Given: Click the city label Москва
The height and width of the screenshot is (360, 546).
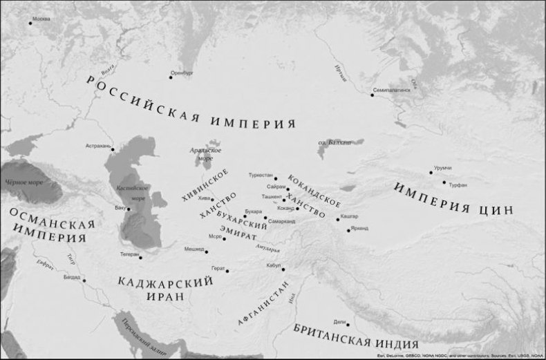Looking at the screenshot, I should pos(41,19).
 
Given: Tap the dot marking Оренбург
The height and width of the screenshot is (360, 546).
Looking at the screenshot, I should pos(171,77).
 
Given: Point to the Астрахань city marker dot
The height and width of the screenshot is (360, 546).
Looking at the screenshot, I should pos(113,149).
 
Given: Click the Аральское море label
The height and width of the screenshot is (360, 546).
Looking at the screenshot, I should pos(206,153).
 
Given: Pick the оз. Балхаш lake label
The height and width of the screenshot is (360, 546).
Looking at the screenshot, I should pos(331,142).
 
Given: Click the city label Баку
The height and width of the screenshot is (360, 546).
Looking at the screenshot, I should pos(120,207).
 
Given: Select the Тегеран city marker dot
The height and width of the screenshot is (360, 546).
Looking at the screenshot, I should pos(140,258).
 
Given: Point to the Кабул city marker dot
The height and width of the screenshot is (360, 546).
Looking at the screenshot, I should pos(283,269).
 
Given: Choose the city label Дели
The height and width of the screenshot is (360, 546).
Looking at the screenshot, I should pos(339,321).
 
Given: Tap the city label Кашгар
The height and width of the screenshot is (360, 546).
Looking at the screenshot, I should pos(349,216).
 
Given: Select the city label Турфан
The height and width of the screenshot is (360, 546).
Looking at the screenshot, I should pos(458,184).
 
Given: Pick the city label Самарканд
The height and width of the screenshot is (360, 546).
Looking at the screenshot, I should pos(281,221).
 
